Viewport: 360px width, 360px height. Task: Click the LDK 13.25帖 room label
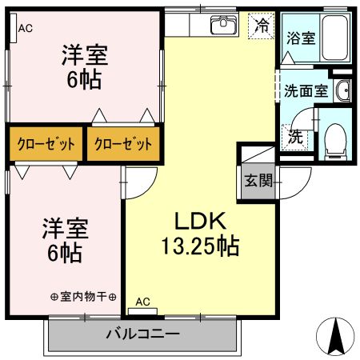click(201, 233)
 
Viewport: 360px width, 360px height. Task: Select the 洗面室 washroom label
click(306, 91)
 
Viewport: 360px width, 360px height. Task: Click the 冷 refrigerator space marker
click(261, 26)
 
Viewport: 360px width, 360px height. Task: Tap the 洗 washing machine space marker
click(296, 136)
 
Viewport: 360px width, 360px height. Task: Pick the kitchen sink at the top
click(222, 25)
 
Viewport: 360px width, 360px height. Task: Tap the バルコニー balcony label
click(142, 334)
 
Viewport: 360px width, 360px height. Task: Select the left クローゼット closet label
click(46, 145)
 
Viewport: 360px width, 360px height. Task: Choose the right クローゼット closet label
click(122, 145)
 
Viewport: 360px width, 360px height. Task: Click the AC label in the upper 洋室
click(25, 28)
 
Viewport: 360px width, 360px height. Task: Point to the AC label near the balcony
click(142, 301)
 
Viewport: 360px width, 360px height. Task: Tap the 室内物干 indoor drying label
click(84, 296)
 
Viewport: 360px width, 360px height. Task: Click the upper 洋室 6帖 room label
click(86, 69)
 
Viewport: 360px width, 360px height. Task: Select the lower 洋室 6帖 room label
click(65, 240)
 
